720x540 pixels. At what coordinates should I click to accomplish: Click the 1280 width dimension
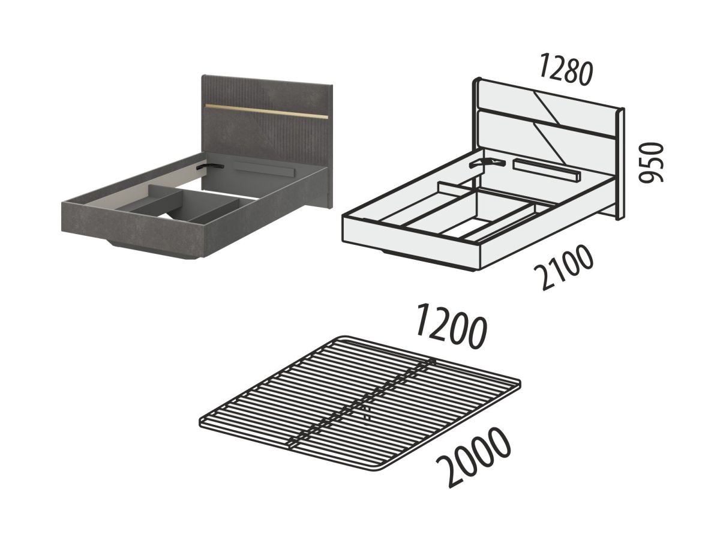pos(565,70)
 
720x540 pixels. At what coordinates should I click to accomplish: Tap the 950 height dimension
pos(651,163)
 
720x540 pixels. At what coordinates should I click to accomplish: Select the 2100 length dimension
pos(564,267)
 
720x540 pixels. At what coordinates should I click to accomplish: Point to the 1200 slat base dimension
pos(451,326)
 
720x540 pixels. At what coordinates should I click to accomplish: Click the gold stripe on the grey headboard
pos(266,111)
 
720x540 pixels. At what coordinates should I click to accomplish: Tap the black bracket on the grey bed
pos(209,166)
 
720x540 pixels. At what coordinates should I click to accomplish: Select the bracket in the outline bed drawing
pos(487,163)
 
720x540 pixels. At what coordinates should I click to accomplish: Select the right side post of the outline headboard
pos(620,164)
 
